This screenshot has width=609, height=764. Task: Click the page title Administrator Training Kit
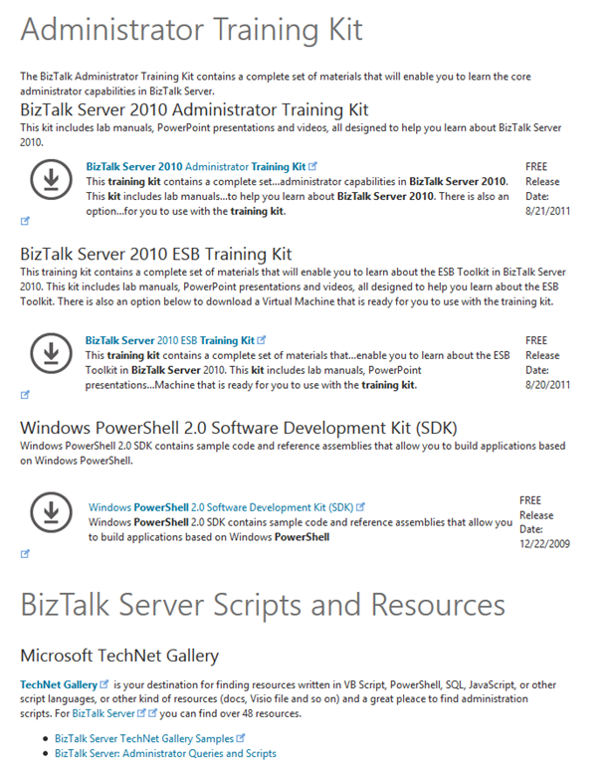pyautogui.click(x=191, y=31)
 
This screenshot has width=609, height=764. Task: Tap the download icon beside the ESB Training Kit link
pyautogui.click(x=48, y=351)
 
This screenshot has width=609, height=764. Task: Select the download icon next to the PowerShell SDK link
pyautogui.click(x=48, y=511)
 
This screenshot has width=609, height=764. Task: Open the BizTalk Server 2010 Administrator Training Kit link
pyautogui.click(x=195, y=166)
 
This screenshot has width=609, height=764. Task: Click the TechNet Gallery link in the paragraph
pyautogui.click(x=59, y=684)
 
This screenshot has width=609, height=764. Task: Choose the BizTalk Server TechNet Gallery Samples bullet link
pyautogui.click(x=144, y=738)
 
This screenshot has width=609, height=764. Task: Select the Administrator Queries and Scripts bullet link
pyautogui.click(x=165, y=754)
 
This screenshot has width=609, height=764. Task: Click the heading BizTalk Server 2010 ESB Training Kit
pyautogui.click(x=155, y=254)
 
